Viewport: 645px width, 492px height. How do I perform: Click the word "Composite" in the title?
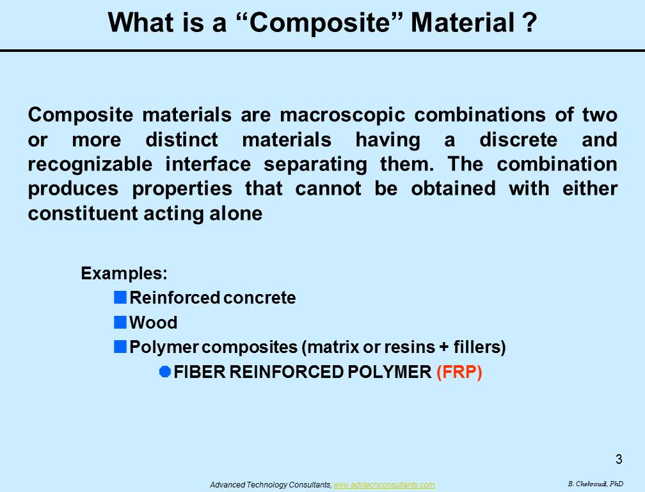point(319,23)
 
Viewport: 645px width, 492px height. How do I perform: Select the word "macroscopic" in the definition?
point(343,115)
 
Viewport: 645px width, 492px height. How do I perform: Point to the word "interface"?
point(208,164)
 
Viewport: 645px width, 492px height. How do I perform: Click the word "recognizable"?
point(90,165)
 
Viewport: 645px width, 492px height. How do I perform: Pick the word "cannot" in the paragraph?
point(328,189)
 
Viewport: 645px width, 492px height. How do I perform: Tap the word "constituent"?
point(83,214)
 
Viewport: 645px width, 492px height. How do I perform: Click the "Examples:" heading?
point(124,274)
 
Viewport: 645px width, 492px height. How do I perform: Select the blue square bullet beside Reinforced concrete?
point(120,297)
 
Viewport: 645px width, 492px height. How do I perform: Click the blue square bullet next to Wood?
point(120,322)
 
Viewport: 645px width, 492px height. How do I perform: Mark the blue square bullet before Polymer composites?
point(120,347)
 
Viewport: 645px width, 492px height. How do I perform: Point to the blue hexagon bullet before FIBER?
point(165,372)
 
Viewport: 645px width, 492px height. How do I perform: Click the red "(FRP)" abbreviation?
point(459,372)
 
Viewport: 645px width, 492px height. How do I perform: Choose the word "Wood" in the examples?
point(154,322)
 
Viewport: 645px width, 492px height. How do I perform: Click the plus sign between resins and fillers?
point(444,347)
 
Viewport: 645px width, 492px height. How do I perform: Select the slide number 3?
point(619,459)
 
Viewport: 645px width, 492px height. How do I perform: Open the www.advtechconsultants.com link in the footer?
point(384,485)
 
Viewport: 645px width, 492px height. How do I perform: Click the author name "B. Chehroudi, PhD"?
point(595,484)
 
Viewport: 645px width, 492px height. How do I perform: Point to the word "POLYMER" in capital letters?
point(389,372)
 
